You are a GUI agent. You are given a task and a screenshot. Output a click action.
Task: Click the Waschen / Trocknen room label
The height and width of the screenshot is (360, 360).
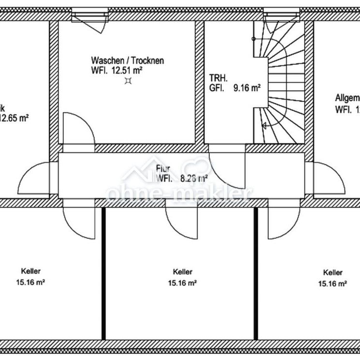pos(127,61)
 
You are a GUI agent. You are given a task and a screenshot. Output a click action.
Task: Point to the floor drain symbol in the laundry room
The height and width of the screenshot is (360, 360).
pos(128,81)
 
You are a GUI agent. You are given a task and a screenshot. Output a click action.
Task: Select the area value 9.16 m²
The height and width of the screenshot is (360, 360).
pos(247,88)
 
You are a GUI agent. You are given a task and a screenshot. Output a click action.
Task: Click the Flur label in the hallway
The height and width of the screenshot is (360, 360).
pos(162,169)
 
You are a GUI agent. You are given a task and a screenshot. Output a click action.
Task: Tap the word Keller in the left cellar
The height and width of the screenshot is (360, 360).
pos(30,271)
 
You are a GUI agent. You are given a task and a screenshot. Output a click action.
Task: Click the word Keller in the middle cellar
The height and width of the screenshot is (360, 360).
pos(182,272)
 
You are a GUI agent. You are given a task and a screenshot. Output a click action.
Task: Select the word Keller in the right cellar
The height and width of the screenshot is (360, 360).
pos(333,273)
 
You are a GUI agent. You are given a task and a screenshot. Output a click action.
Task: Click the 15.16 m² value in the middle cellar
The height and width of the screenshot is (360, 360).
pos(182,283)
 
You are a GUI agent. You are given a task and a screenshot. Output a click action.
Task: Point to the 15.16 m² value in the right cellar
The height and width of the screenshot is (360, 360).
pos(333,284)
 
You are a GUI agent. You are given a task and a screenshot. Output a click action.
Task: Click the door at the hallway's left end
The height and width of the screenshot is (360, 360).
pos(37,177)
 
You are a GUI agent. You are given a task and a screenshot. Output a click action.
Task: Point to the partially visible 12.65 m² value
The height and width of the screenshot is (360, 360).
pos(14,117)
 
